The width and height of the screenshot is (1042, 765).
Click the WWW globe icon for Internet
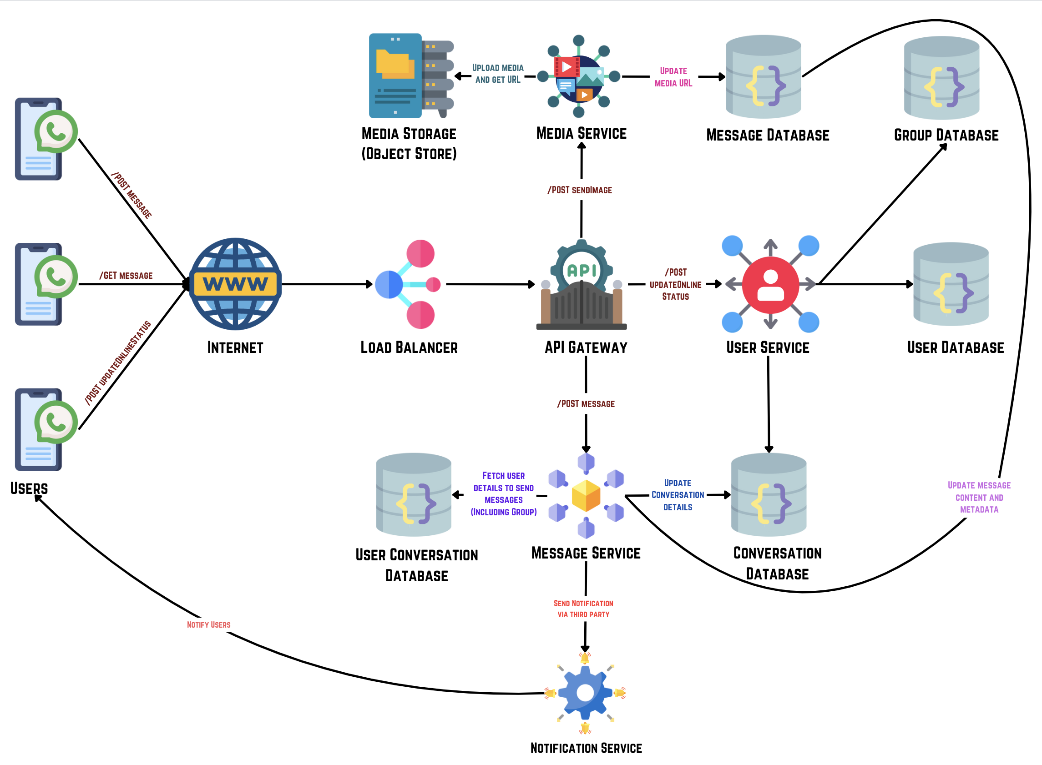click(235, 284)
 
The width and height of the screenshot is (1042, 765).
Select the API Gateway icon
click(582, 285)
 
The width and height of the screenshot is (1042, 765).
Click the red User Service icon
click(770, 284)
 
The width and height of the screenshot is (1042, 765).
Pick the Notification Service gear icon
click(585, 693)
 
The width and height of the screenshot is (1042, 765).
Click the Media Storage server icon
click(410, 75)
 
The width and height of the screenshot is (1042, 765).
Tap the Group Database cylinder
click(941, 78)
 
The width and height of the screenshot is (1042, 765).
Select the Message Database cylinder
click(763, 77)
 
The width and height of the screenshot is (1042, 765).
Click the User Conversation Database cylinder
click(413, 494)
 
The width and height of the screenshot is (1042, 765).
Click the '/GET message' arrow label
click(126, 276)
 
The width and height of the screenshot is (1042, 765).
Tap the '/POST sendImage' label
click(580, 190)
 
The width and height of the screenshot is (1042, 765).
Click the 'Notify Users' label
click(208, 624)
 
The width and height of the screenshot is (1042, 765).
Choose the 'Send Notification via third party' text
click(583, 609)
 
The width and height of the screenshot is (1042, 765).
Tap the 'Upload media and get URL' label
click(498, 74)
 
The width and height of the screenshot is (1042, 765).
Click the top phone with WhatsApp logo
click(45, 138)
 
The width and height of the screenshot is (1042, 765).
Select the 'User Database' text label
click(956, 347)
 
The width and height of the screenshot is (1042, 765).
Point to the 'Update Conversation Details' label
click(678, 495)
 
